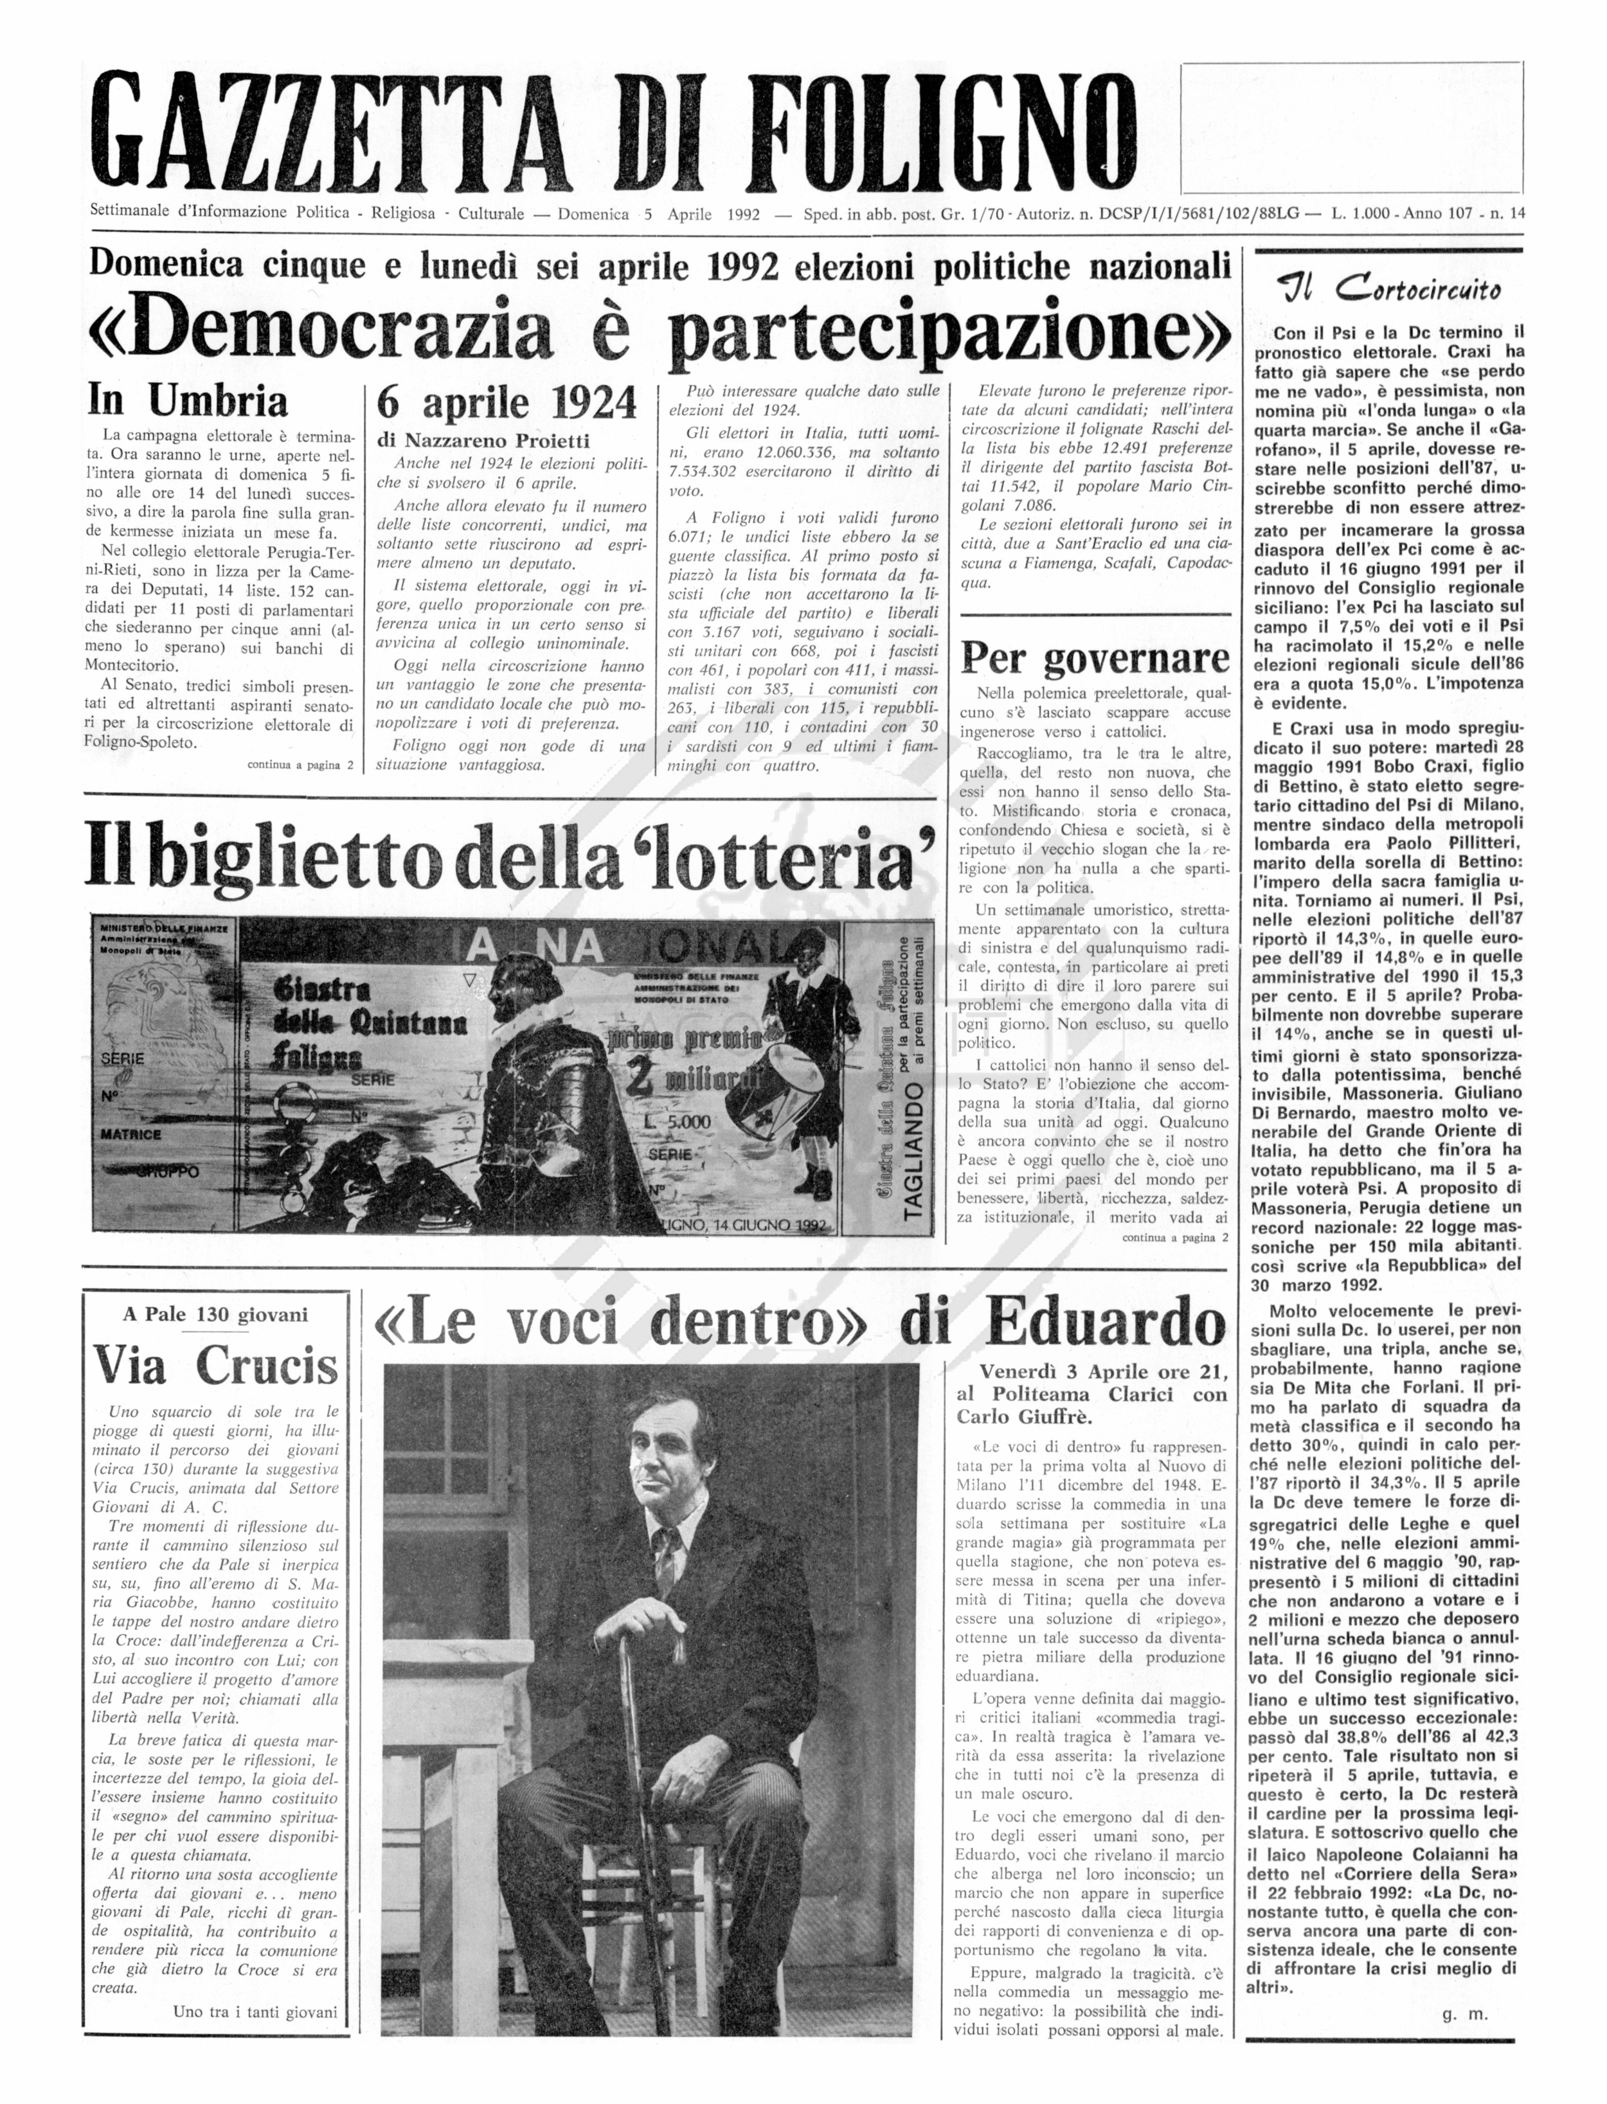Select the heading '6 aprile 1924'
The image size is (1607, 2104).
tap(507, 403)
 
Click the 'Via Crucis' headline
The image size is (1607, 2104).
tap(216, 1367)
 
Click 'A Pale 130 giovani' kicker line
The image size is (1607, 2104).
tap(215, 1315)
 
